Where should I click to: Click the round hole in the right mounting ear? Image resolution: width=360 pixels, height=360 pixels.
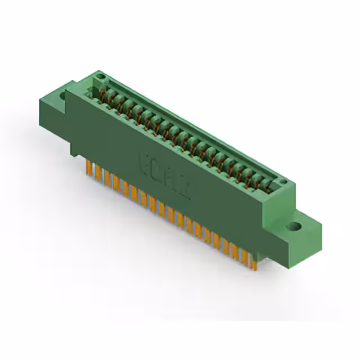294,227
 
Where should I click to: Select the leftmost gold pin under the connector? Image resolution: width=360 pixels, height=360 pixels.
88,167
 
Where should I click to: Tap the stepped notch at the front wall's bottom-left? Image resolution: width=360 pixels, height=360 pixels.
76,149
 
